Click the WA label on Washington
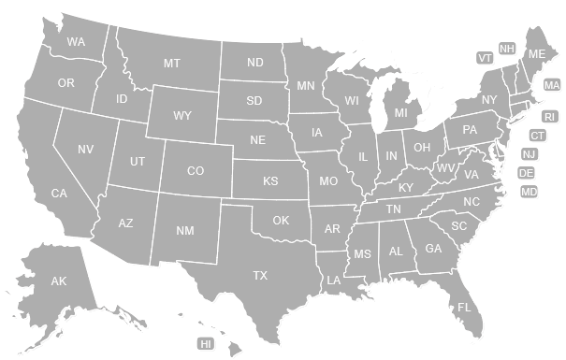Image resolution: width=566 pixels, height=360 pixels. [76, 42]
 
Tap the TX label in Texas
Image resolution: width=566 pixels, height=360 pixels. [260, 275]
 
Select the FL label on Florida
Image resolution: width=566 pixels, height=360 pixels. [464, 307]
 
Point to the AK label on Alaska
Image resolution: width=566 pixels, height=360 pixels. [59, 281]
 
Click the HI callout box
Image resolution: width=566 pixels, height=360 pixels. [206, 344]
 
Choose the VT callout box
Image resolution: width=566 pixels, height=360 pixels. [485, 58]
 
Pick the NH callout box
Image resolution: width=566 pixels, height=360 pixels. [507, 49]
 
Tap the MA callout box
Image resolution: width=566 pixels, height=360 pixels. [552, 85]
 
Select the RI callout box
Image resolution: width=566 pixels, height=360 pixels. [550, 116]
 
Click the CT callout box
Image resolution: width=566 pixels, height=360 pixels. [538, 136]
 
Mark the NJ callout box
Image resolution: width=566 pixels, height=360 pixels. [530, 154]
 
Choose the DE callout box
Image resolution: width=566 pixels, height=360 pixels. [527, 173]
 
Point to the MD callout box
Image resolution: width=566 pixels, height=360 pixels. [530, 192]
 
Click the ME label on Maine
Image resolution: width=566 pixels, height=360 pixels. [536, 55]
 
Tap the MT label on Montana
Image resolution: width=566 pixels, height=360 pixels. [171, 64]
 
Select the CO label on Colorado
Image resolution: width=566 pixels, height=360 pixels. [196, 171]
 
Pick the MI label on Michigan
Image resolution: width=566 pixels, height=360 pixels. [400, 113]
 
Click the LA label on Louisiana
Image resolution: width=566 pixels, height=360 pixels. [333, 281]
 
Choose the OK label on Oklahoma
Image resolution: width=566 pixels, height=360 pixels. [281, 221]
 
